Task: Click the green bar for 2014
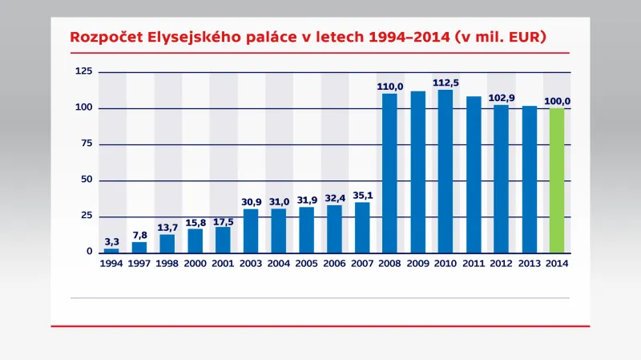click(557, 180)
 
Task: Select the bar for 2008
click(389, 173)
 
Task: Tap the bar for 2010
click(445, 172)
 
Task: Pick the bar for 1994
click(111, 250)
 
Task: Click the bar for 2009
click(417, 172)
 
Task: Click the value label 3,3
click(111, 241)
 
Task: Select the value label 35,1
click(362, 194)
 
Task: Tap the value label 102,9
click(501, 97)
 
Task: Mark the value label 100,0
click(557, 101)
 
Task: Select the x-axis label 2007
click(362, 263)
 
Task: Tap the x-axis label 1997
click(139, 263)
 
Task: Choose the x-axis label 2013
click(529, 263)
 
